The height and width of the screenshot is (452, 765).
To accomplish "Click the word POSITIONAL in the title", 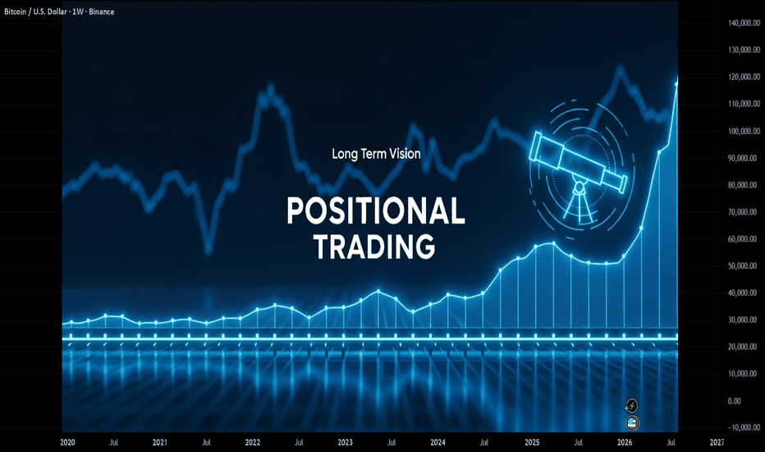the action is [x=376, y=210].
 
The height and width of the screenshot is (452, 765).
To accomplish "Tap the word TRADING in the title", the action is [x=374, y=247].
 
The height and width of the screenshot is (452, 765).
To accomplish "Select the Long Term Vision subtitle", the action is [x=376, y=154].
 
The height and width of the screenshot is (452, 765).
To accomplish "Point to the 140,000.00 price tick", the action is [x=744, y=23].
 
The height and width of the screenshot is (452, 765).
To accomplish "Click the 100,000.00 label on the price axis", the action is [x=744, y=131].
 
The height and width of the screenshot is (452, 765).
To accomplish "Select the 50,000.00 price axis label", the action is [x=744, y=265].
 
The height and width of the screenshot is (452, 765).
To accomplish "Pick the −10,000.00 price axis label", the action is [x=744, y=427].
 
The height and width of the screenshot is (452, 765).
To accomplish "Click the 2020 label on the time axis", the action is [x=67, y=442].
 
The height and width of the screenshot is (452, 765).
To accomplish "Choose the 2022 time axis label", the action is [x=252, y=442].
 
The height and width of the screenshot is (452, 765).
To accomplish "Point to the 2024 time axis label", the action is [x=437, y=442].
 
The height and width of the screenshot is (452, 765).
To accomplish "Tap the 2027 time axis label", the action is [x=717, y=442].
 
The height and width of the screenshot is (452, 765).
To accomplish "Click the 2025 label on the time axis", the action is [x=532, y=442].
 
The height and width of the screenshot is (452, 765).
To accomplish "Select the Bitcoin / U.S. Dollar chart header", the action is [x=59, y=12].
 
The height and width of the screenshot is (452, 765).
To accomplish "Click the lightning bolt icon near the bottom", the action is [x=631, y=406].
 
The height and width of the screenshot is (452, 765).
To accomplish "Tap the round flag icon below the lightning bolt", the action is [x=632, y=423].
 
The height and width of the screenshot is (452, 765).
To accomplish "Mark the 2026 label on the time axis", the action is [x=625, y=442].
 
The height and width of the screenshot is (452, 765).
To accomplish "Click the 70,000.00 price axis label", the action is [x=744, y=212].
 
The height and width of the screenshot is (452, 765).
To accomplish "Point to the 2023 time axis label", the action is [x=345, y=442].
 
